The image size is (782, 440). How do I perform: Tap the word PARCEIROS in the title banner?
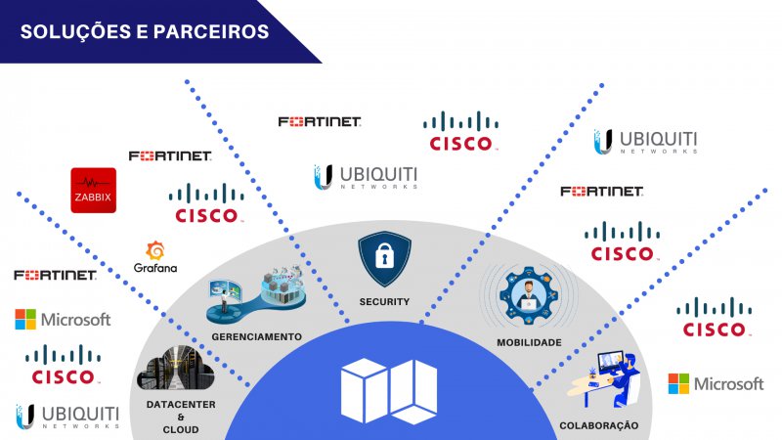pos(209,31)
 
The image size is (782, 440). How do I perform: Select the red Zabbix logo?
pos(94,190)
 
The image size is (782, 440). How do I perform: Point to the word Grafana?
pos(154,268)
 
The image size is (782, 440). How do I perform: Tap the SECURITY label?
pos(384,302)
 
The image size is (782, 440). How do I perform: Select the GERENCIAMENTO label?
pos(256,336)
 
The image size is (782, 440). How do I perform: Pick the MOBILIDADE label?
pos(529,342)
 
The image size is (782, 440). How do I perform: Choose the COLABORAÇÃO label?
pos(598,425)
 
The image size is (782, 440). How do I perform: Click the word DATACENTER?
pos(181,405)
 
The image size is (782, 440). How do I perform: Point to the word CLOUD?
pos(181,430)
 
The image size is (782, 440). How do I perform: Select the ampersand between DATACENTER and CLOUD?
pos(181,418)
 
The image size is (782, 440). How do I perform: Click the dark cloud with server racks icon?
pos(176,371)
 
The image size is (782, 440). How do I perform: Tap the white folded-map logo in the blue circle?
pos(388,392)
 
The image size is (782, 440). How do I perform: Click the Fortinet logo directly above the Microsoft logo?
pos(55,276)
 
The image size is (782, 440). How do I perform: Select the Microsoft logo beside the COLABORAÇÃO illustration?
pos(716,383)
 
